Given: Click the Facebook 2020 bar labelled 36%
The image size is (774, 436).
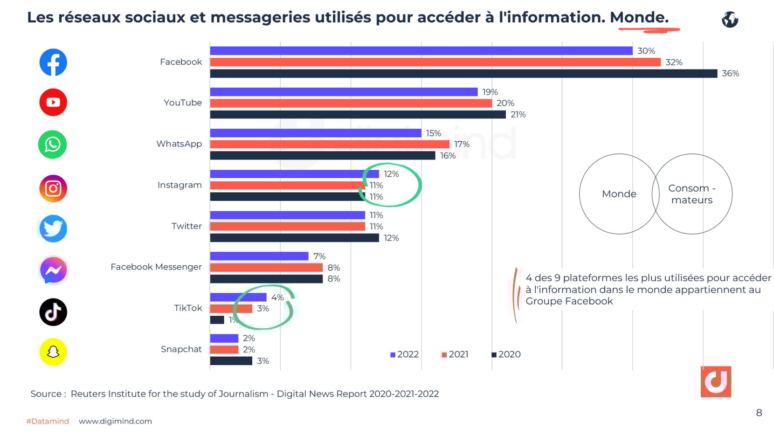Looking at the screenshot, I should click(463, 74).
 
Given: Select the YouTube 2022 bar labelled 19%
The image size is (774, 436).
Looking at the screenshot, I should click(344, 92).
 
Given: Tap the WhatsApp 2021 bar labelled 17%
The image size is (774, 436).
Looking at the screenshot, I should click(330, 144).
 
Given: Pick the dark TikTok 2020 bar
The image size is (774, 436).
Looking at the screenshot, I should click(217, 320).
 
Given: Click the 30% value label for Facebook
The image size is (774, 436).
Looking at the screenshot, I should click(646, 51).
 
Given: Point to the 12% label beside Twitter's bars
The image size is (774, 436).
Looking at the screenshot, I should click(391, 238).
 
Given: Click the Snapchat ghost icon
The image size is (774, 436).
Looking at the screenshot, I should click(53, 352).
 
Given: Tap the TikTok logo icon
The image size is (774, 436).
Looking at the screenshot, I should click(53, 312).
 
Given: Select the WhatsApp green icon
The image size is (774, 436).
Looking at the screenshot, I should click(52, 145).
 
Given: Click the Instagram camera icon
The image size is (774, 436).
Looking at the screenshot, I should click(53, 188).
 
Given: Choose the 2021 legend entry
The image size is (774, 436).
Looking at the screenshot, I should click(455, 354).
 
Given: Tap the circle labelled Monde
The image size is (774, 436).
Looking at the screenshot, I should click(619, 194).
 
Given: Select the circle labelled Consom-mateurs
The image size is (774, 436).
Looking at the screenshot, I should click(692, 194).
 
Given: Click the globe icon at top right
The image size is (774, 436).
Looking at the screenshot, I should click(730, 20).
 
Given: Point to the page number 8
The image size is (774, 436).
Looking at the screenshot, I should click(759, 413).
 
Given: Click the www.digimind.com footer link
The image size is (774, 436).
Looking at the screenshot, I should click(115, 421).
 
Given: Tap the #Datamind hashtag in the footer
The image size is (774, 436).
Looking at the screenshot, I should click(48, 421).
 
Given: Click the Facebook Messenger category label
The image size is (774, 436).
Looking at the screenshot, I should click(156, 267).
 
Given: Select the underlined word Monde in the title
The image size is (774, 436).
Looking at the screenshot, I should click(639, 18).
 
